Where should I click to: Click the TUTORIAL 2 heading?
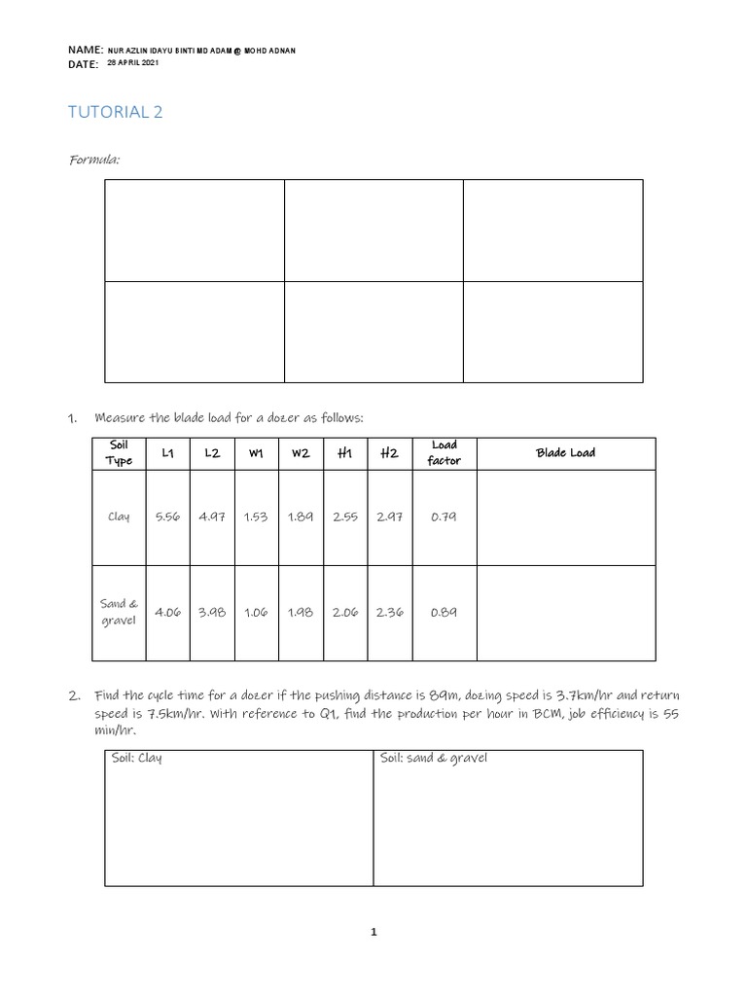point(115,112)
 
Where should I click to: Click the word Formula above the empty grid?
point(93,159)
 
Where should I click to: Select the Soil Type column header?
point(119,453)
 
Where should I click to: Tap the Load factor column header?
point(444,453)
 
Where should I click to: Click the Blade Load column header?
point(565,453)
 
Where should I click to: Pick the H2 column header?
point(389,453)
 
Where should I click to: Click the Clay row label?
point(119,516)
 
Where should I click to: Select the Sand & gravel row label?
point(119,612)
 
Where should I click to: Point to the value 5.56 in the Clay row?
point(167,517)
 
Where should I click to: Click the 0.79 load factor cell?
point(444,517)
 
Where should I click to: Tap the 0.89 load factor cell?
point(444,613)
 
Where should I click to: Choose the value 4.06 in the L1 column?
point(167,613)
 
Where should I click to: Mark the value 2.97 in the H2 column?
point(389,517)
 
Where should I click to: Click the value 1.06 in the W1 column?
point(256,613)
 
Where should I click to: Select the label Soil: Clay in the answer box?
point(137,759)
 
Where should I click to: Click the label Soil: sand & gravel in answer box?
point(434,759)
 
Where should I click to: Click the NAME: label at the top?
point(86,49)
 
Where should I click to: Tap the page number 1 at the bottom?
point(373,932)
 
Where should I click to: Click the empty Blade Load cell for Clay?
point(565,517)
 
